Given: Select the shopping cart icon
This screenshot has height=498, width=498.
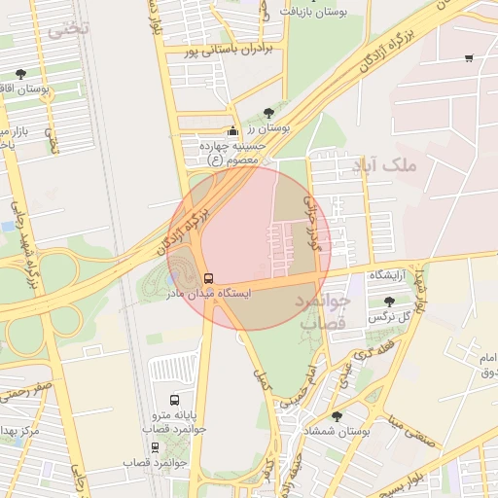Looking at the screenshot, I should (x=470, y=58).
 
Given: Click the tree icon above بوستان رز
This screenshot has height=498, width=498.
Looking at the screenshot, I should (x=268, y=112).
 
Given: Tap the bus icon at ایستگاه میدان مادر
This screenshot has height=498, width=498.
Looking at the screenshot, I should (x=209, y=278).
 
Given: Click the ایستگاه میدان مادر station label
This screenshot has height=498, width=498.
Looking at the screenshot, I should (x=208, y=293).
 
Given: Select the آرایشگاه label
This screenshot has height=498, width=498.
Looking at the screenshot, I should (x=392, y=277).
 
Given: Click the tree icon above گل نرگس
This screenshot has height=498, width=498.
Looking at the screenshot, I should (x=390, y=302).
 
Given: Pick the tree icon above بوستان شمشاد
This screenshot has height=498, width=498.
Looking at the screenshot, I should (x=337, y=415).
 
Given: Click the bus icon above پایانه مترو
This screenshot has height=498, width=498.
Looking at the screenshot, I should (x=174, y=399).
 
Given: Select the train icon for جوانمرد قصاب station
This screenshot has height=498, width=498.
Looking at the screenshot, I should (x=155, y=447).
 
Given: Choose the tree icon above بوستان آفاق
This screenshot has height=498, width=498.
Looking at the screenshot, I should (x=21, y=74).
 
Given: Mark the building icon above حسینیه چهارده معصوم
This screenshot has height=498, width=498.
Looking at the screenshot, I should (x=231, y=131).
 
